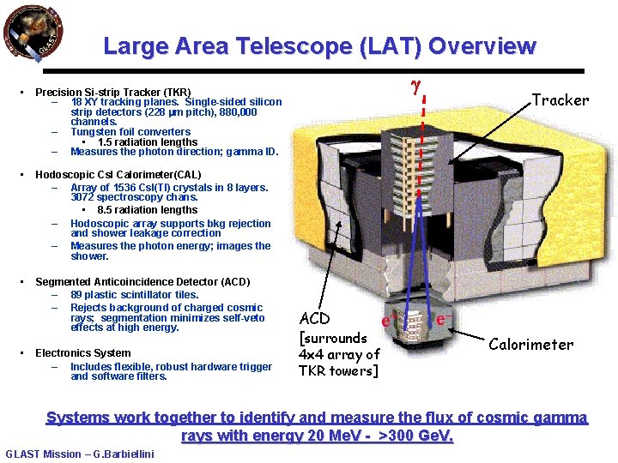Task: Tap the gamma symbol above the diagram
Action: click(x=415, y=88)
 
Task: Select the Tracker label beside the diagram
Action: click(x=560, y=100)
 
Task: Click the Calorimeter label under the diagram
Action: click(x=530, y=345)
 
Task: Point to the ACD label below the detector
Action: click(x=314, y=318)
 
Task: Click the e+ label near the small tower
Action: click(x=388, y=321)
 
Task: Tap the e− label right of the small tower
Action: click(x=443, y=319)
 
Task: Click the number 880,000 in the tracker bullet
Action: click(x=237, y=112)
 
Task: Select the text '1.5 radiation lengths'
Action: click(x=147, y=142)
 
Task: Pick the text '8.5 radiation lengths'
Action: click(x=147, y=210)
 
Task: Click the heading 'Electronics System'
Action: click(x=83, y=353)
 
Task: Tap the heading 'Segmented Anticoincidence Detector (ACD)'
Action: click(x=142, y=282)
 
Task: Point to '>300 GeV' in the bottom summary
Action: click(x=415, y=436)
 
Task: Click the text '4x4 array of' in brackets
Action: click(x=338, y=354)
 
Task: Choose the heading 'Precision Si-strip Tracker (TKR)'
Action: click(x=112, y=92)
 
